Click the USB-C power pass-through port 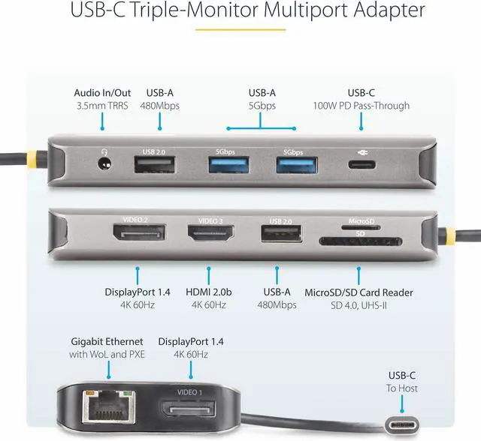click(x=362, y=164)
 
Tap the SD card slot click(x=351, y=241)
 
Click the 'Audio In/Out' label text click(x=102, y=92)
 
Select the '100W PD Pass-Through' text click(x=362, y=106)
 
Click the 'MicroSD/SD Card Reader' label click(x=358, y=292)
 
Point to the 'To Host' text click(x=403, y=388)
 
